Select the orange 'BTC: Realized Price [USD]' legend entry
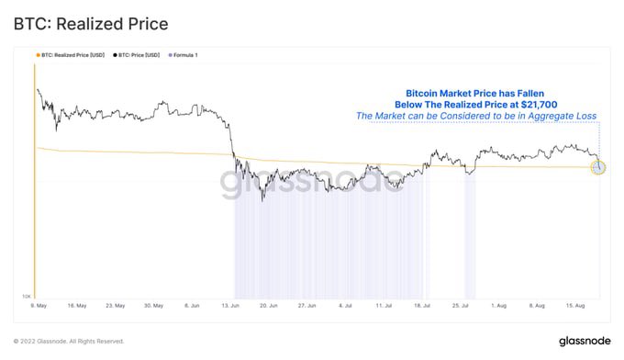pyautogui.click(x=71, y=55)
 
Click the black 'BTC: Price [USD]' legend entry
pyautogui.click(x=137, y=55)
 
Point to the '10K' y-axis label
pyautogui.click(x=28, y=297)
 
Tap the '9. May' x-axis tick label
pyautogui.click(x=39, y=305)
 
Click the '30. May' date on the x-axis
pyautogui.click(x=152, y=305)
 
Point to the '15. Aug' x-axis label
pyautogui.click(x=575, y=305)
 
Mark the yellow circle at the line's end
pyautogui.click(x=598, y=167)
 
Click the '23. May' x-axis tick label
pyautogui.click(x=116, y=305)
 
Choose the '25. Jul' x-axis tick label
pyautogui.click(x=461, y=305)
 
